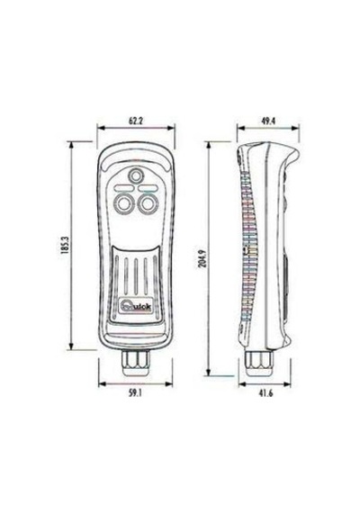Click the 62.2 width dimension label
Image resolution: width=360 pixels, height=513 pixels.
(x=136, y=121)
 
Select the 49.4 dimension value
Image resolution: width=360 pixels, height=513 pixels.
(x=268, y=121)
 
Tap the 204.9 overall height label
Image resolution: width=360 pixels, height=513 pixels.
(x=203, y=258)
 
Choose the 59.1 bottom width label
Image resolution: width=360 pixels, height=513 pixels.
(x=135, y=393)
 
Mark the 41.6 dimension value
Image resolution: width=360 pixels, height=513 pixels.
(x=265, y=393)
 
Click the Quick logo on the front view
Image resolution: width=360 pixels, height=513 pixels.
(x=136, y=307)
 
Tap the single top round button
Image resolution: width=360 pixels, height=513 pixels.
(x=136, y=176)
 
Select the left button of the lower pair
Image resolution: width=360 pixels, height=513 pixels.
(x=124, y=203)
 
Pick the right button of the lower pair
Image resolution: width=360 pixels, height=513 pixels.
(x=148, y=203)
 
